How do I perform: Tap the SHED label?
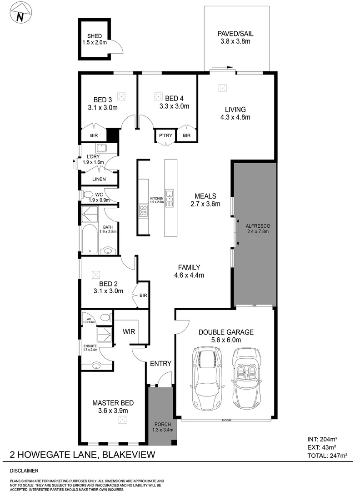coord(95,36)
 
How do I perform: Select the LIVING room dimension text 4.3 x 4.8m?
coord(235,117)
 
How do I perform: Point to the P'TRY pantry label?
coord(164,135)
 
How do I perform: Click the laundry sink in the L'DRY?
coord(101,148)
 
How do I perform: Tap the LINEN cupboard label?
coord(99,179)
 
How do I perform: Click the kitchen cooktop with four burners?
coord(143,210)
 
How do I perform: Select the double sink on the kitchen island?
coord(170,198)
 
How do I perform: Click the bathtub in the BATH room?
coord(90,239)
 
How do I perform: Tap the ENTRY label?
coord(160,363)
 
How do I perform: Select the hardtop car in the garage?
coord(207,377)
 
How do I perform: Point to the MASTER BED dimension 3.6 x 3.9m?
coord(110,411)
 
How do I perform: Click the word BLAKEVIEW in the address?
coord(130,454)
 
